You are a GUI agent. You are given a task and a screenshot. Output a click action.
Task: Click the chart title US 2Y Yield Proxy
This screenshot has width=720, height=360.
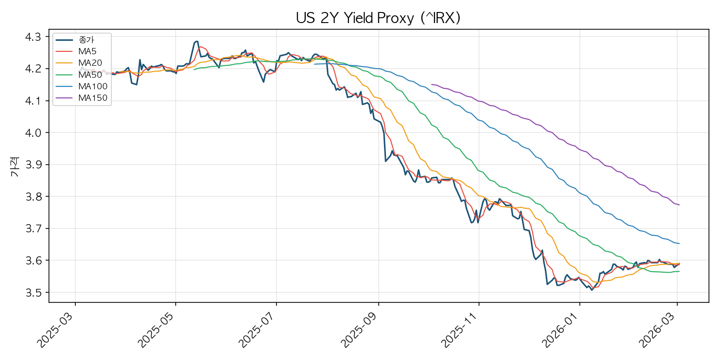click(x=378, y=18)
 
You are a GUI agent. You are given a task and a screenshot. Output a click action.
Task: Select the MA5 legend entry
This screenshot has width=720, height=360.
click(x=76, y=51)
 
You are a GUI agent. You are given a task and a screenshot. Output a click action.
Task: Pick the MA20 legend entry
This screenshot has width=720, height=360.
click(x=79, y=63)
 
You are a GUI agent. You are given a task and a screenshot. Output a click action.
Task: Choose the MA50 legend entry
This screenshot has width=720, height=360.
click(x=79, y=74)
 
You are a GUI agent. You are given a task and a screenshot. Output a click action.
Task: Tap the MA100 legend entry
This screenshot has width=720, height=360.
click(x=82, y=86)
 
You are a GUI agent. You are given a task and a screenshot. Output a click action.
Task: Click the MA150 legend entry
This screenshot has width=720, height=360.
click(x=82, y=98)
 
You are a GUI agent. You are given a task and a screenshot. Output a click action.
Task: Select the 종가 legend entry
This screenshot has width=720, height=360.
click(x=75, y=40)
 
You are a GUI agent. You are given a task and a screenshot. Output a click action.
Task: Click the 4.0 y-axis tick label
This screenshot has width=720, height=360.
click(x=34, y=133)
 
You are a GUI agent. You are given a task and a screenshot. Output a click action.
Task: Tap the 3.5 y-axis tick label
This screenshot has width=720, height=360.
click(x=34, y=292)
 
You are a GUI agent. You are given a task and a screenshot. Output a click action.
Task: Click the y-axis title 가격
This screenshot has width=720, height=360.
click(x=15, y=167)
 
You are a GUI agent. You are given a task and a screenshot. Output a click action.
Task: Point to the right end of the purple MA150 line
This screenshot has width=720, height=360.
click(x=679, y=205)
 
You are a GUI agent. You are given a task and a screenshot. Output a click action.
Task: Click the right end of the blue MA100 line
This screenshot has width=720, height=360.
click(x=679, y=244)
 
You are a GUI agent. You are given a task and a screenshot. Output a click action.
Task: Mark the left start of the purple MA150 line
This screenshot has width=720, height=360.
click(x=432, y=84)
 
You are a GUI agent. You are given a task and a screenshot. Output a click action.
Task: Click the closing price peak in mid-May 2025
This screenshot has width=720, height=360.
click(x=196, y=41)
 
